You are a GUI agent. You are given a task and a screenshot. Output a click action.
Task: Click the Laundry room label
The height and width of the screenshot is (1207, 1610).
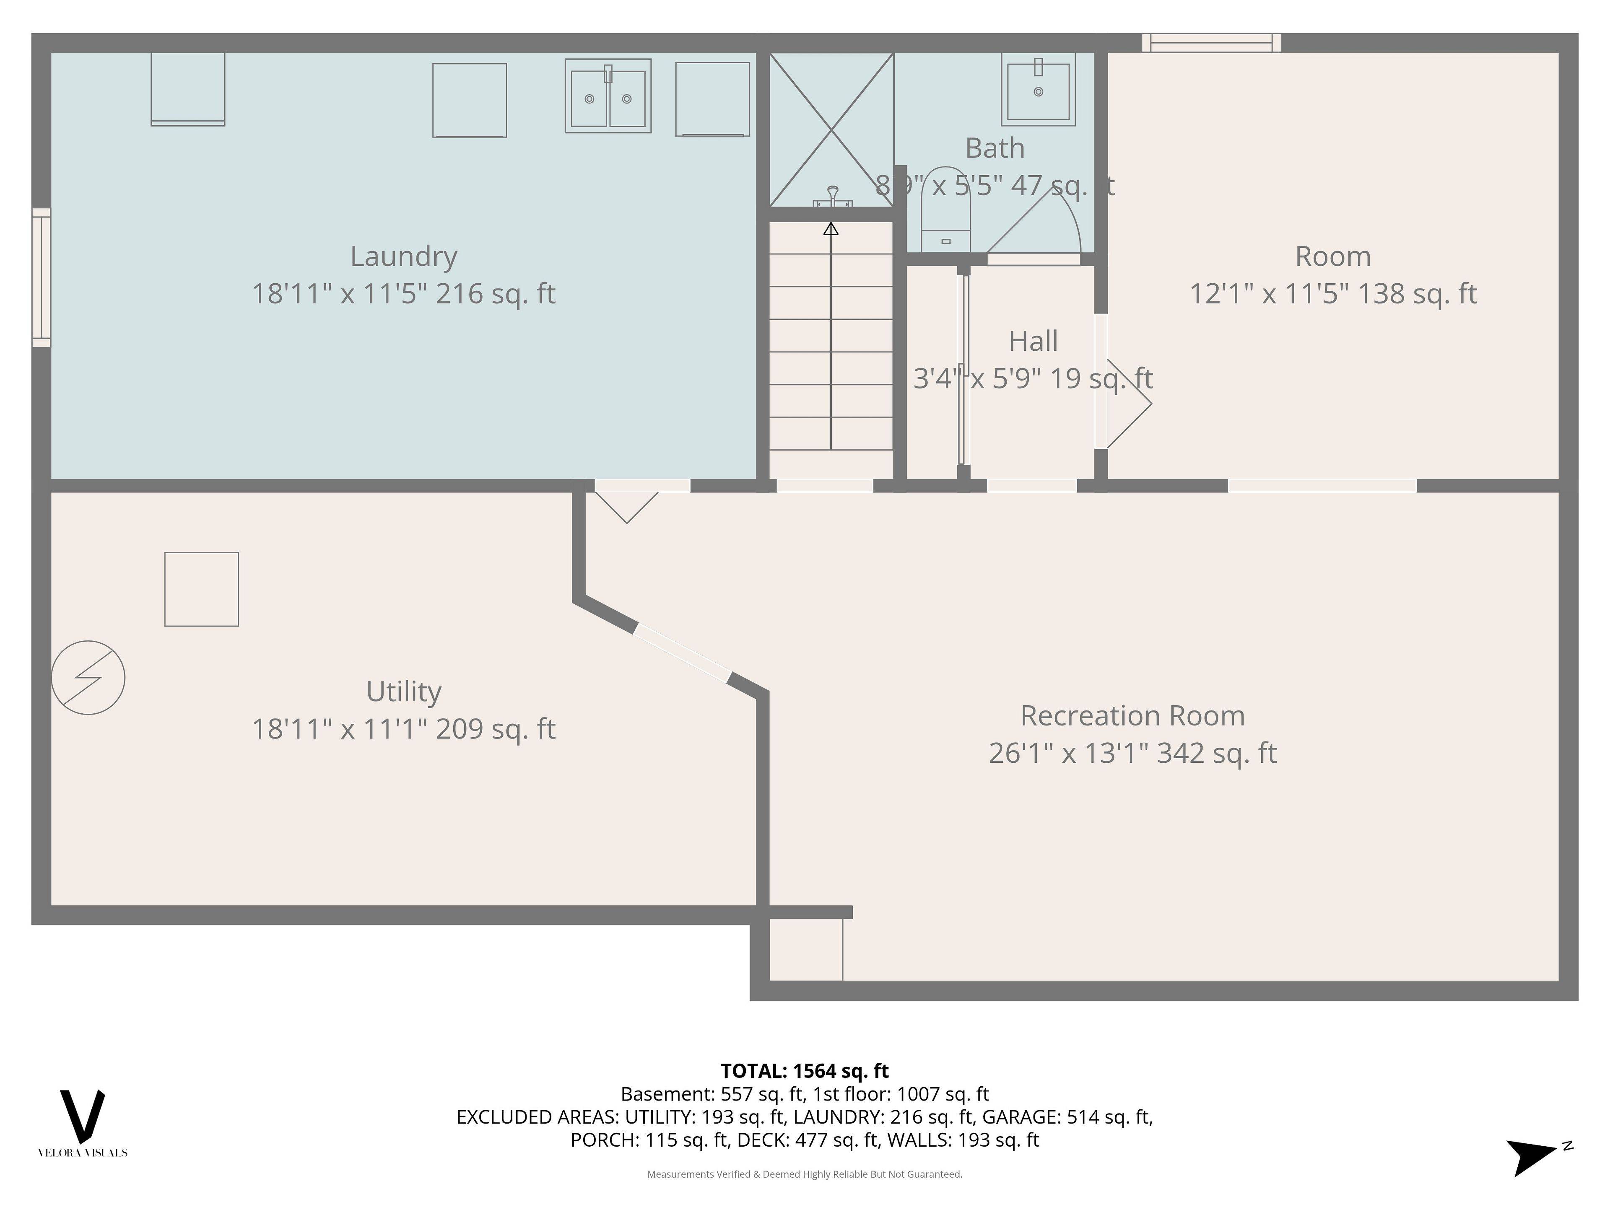pos(403,256)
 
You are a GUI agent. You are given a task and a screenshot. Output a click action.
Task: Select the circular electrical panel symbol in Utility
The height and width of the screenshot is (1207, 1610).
pos(88,677)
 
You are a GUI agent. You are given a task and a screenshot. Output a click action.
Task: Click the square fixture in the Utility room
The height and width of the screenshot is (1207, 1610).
pos(202,589)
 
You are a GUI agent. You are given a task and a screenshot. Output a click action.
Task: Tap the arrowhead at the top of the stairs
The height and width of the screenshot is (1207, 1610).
pos(831,229)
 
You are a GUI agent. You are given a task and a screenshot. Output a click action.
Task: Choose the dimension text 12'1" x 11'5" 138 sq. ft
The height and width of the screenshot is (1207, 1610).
pos(1333,294)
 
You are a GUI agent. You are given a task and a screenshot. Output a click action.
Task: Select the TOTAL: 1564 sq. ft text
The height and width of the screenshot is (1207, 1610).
pos(804,1071)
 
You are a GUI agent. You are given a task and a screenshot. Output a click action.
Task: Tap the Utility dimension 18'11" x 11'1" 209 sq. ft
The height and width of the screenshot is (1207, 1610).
pos(403,729)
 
